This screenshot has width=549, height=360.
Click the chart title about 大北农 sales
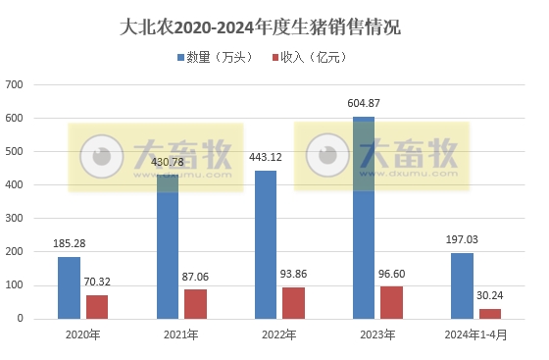click(274, 26)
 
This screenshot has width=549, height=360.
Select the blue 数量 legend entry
click(214, 57)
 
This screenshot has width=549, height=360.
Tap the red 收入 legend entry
click(309, 57)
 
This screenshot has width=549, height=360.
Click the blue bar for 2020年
click(69, 287)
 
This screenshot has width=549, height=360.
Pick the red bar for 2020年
click(96, 306)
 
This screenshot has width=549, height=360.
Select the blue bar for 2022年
click(265, 244)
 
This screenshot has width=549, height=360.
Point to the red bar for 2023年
click(390, 302)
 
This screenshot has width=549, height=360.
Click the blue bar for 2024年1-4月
click(461, 285)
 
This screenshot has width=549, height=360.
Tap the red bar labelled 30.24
click(489, 313)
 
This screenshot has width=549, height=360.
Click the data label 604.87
click(363, 103)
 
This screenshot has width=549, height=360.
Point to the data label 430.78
click(167, 161)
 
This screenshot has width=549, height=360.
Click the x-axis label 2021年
click(180, 334)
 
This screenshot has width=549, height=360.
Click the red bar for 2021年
click(194, 303)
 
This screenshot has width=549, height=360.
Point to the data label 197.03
click(461, 238)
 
